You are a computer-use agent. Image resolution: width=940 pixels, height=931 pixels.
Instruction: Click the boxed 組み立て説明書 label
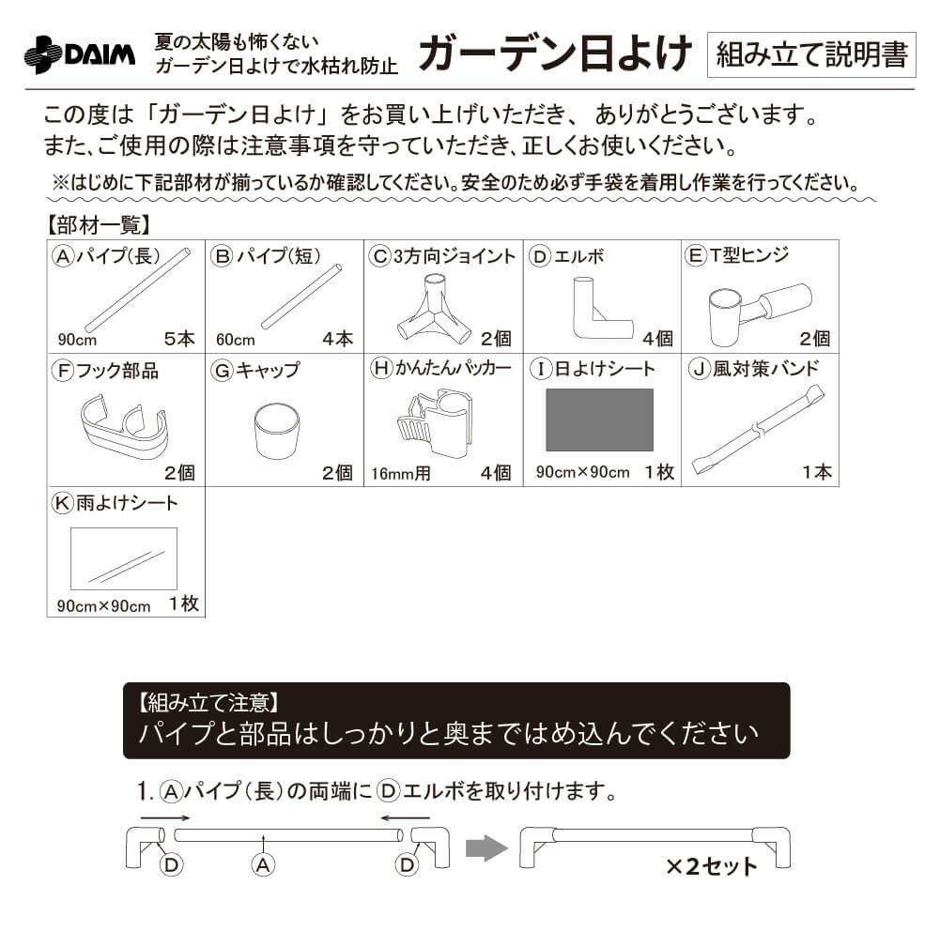coord(810,54)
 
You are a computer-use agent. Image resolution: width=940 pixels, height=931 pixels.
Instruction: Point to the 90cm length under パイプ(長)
coord(76,340)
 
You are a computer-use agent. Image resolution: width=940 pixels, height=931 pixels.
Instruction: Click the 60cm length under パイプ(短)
coord(235,340)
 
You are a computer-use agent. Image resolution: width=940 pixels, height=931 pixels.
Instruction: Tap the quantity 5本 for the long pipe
coord(178,339)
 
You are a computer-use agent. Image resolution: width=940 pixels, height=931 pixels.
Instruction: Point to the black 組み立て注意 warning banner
coord(456,720)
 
